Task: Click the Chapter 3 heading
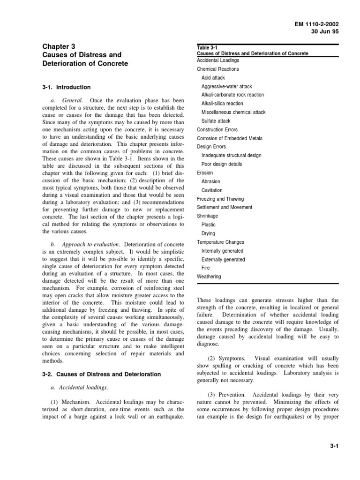coord(59,46)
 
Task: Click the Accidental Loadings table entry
coord(218,60)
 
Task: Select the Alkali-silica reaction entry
coord(222,104)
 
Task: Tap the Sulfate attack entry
coord(216,121)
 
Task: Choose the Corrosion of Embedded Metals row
coord(230,138)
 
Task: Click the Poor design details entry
coord(222,164)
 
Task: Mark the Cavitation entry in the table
coord(212,190)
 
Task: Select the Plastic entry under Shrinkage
coord(209,225)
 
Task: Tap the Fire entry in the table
coord(206,268)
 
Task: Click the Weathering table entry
coord(209,277)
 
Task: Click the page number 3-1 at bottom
coord(334,447)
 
